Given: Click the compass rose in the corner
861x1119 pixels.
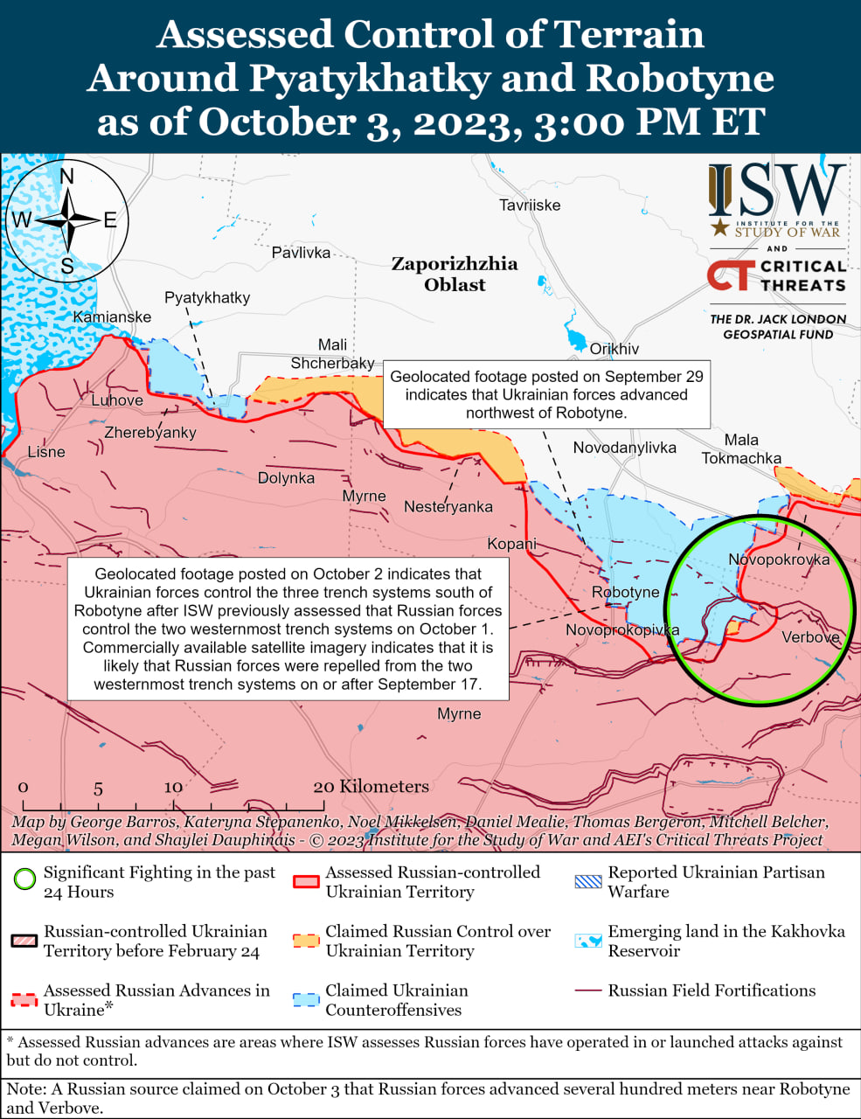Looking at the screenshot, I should pyautogui.click(x=66, y=219).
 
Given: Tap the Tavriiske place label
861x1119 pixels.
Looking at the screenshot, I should pyautogui.click(x=530, y=205).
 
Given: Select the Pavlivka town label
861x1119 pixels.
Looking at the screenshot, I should pyautogui.click(x=301, y=253).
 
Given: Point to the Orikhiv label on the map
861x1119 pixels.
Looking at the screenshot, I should pyautogui.click(x=614, y=349).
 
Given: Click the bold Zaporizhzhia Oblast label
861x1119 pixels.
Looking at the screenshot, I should pyautogui.click(x=454, y=274).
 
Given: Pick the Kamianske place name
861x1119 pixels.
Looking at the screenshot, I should pyautogui.click(x=112, y=317).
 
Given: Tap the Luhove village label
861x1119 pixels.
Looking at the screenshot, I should pyautogui.click(x=117, y=400).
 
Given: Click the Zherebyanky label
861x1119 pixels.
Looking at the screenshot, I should pyautogui.click(x=150, y=433).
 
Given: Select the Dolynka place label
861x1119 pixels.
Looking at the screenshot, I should pyautogui.click(x=286, y=478).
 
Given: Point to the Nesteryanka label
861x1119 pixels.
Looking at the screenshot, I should pyautogui.click(x=448, y=507).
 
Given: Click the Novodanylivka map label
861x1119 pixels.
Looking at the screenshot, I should pyautogui.click(x=624, y=448).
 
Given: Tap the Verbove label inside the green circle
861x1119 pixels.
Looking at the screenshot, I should pyautogui.click(x=810, y=637).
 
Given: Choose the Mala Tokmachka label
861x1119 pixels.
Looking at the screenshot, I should pyautogui.click(x=741, y=448).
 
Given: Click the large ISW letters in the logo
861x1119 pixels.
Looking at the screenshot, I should pyautogui.click(x=776, y=191).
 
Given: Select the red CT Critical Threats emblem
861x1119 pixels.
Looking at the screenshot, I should pyautogui.click(x=728, y=275).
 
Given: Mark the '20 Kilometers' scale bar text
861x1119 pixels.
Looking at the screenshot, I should pyautogui.click(x=371, y=787).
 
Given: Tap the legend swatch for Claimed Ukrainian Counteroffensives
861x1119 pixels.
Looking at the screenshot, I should pyautogui.click(x=306, y=999).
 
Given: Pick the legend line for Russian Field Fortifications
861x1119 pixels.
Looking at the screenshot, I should pyautogui.click(x=588, y=990).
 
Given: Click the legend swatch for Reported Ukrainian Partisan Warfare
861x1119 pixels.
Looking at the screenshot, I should pyautogui.click(x=588, y=881).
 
